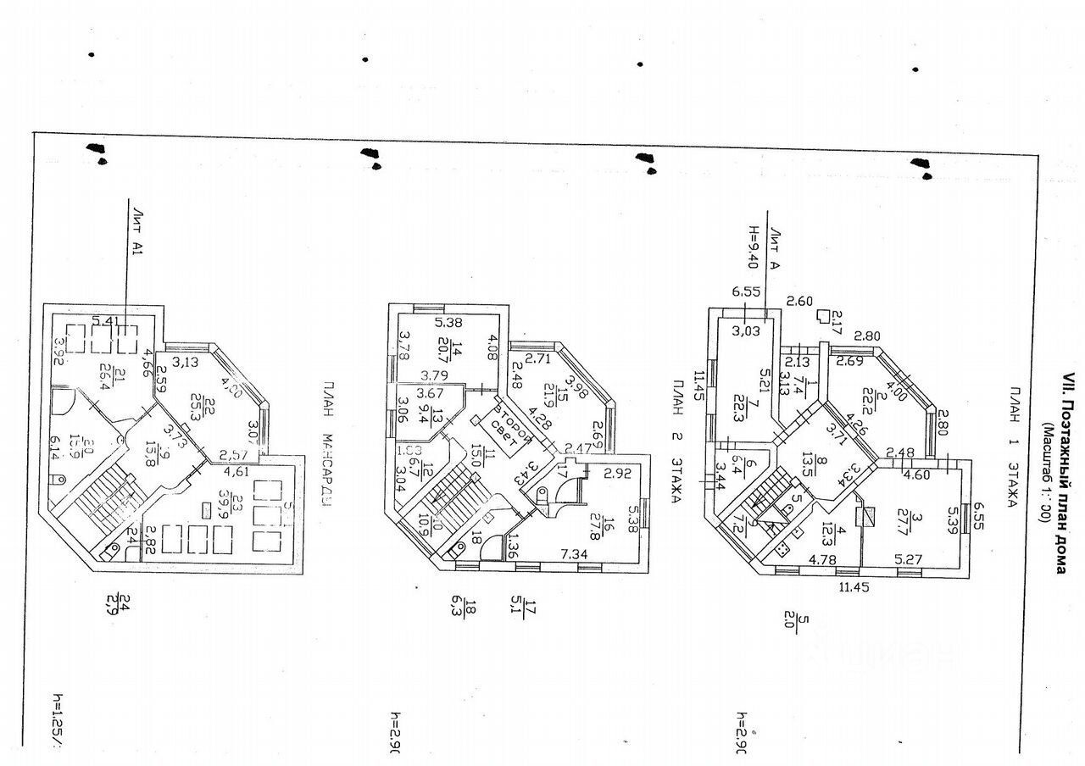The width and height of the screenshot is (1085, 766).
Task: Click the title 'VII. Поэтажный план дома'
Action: [x=1060, y=475]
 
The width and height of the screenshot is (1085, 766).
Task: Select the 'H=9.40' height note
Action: [x=750, y=245]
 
